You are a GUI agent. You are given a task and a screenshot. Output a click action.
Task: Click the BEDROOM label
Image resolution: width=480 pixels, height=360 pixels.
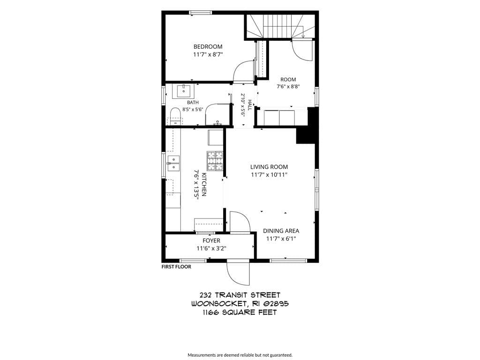point(208,47)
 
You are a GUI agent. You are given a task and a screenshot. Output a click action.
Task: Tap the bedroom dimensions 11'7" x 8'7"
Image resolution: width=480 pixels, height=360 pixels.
point(208,54)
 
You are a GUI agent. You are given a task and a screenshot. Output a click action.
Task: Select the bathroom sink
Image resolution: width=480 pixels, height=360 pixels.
point(183,91)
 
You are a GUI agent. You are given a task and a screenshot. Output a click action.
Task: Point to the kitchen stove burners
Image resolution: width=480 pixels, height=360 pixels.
point(215,161)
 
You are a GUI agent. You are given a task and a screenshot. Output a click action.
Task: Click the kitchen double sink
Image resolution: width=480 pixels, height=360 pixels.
point(173,163)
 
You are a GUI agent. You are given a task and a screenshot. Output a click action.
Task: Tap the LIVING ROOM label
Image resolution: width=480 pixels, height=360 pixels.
point(269,167)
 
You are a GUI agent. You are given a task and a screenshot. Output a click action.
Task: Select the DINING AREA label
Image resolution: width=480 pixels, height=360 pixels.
point(281,231)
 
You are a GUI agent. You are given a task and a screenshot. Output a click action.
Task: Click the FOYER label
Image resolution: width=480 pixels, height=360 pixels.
point(211,241)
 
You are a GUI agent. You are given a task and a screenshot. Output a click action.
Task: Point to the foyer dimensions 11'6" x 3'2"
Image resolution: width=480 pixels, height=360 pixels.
point(211,248)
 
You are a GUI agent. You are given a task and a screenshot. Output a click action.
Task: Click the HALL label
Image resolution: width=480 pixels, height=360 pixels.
point(249,105)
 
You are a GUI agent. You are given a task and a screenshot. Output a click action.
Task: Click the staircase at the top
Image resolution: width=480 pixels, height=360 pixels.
point(280,26)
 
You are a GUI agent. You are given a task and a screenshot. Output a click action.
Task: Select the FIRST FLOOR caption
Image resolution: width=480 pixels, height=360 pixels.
point(176,267)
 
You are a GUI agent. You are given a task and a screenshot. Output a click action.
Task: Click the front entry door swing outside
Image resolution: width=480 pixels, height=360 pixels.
point(239,274)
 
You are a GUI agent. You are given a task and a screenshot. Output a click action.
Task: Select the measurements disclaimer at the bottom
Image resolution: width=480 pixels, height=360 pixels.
point(240,355)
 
